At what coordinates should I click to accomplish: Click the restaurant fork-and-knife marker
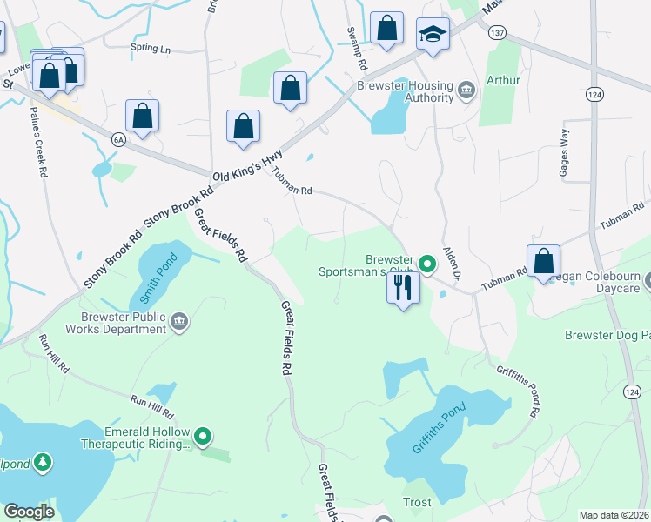click(402, 287)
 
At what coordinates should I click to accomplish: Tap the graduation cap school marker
click(433, 35)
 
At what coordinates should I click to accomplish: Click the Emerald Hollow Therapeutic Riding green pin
click(203, 436)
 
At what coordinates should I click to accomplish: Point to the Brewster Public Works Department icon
click(180, 321)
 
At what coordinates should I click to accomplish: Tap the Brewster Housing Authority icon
click(466, 90)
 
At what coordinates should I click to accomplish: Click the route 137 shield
click(497, 33)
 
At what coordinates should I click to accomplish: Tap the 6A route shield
click(118, 139)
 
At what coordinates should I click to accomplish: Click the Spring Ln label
click(150, 49)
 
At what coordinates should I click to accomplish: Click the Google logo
click(29, 512)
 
